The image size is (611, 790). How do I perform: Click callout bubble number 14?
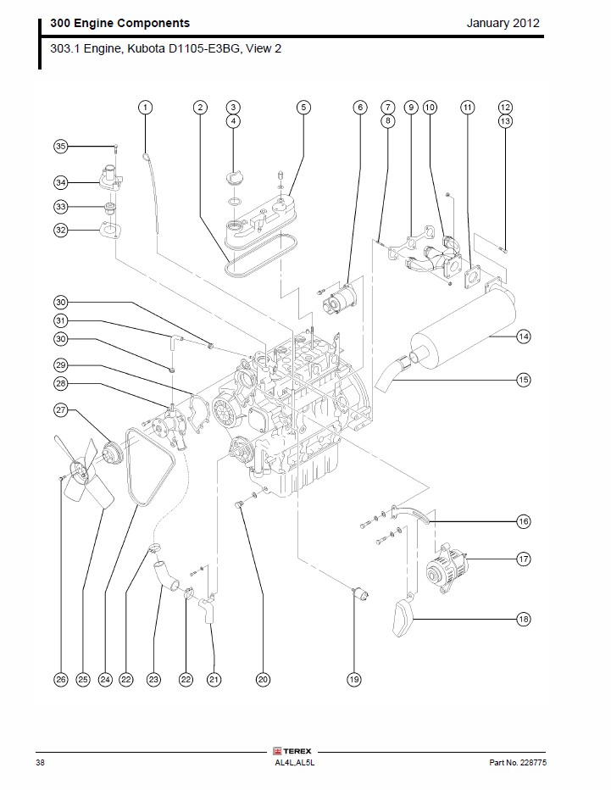(x=523, y=337)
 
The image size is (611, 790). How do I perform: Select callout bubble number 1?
(x=146, y=108)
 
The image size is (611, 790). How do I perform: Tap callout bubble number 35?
(x=60, y=147)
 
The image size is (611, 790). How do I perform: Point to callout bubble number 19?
(x=353, y=679)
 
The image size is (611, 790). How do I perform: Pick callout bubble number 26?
(x=60, y=679)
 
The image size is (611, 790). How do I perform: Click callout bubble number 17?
(x=523, y=559)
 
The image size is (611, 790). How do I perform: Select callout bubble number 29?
(x=60, y=365)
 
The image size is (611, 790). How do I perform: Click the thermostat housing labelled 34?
(x=107, y=181)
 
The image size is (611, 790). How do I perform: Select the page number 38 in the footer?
(x=41, y=763)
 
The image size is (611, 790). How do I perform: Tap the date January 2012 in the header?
(x=503, y=23)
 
